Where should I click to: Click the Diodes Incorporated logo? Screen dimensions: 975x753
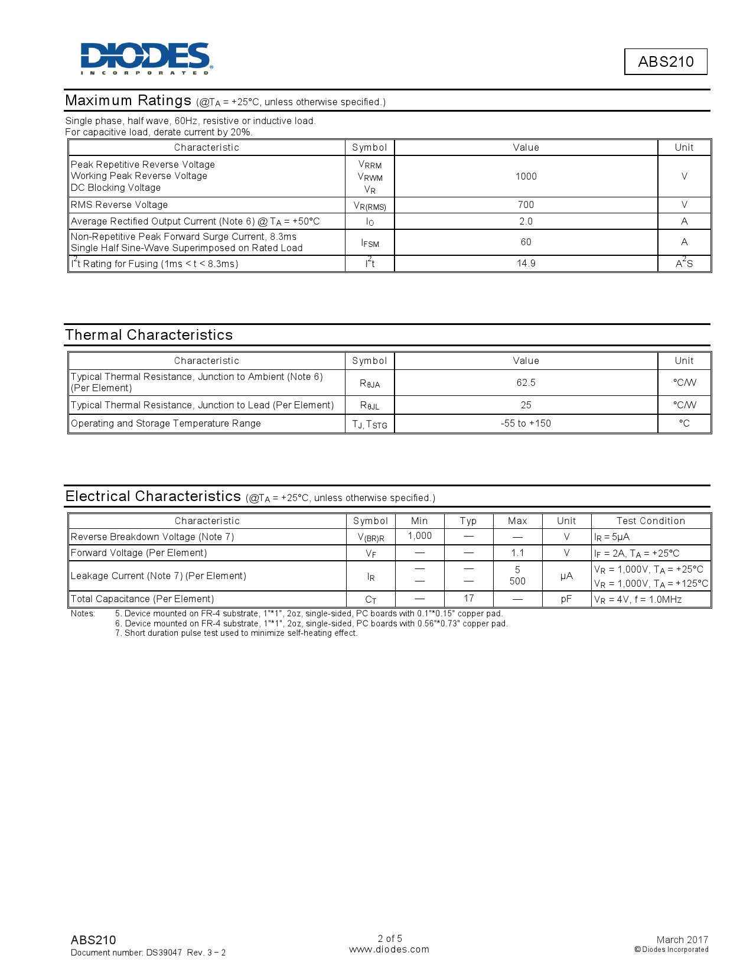click(x=146, y=58)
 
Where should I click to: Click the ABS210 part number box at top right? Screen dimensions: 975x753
click(x=666, y=61)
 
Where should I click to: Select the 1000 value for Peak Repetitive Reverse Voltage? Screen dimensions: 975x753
click(x=526, y=176)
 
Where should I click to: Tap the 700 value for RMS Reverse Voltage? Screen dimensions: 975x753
click(x=526, y=204)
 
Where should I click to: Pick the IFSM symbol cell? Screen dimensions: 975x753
click(x=370, y=243)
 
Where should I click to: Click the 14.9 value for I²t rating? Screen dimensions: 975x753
click(x=526, y=263)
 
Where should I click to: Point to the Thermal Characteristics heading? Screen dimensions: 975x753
click(x=149, y=335)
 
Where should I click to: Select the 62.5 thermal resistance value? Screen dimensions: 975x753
click(x=526, y=382)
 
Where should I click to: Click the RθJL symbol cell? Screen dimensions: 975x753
click(x=370, y=405)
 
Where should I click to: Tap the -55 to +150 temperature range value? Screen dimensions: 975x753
click(x=526, y=423)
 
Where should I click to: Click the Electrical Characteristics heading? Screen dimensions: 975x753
click(x=153, y=496)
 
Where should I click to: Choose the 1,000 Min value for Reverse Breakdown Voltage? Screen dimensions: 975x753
click(x=419, y=535)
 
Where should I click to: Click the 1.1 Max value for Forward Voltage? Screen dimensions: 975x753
click(x=517, y=552)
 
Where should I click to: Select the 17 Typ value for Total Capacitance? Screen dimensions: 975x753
click(x=468, y=598)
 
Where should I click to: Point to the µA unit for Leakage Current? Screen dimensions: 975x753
click(x=566, y=576)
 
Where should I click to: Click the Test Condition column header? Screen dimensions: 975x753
click(x=650, y=521)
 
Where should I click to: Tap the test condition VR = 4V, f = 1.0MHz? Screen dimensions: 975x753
click(x=638, y=599)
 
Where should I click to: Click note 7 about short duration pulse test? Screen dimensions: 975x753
click(x=236, y=633)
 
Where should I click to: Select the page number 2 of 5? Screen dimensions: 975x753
click(x=390, y=938)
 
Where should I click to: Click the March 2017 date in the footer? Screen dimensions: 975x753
click(x=682, y=940)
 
